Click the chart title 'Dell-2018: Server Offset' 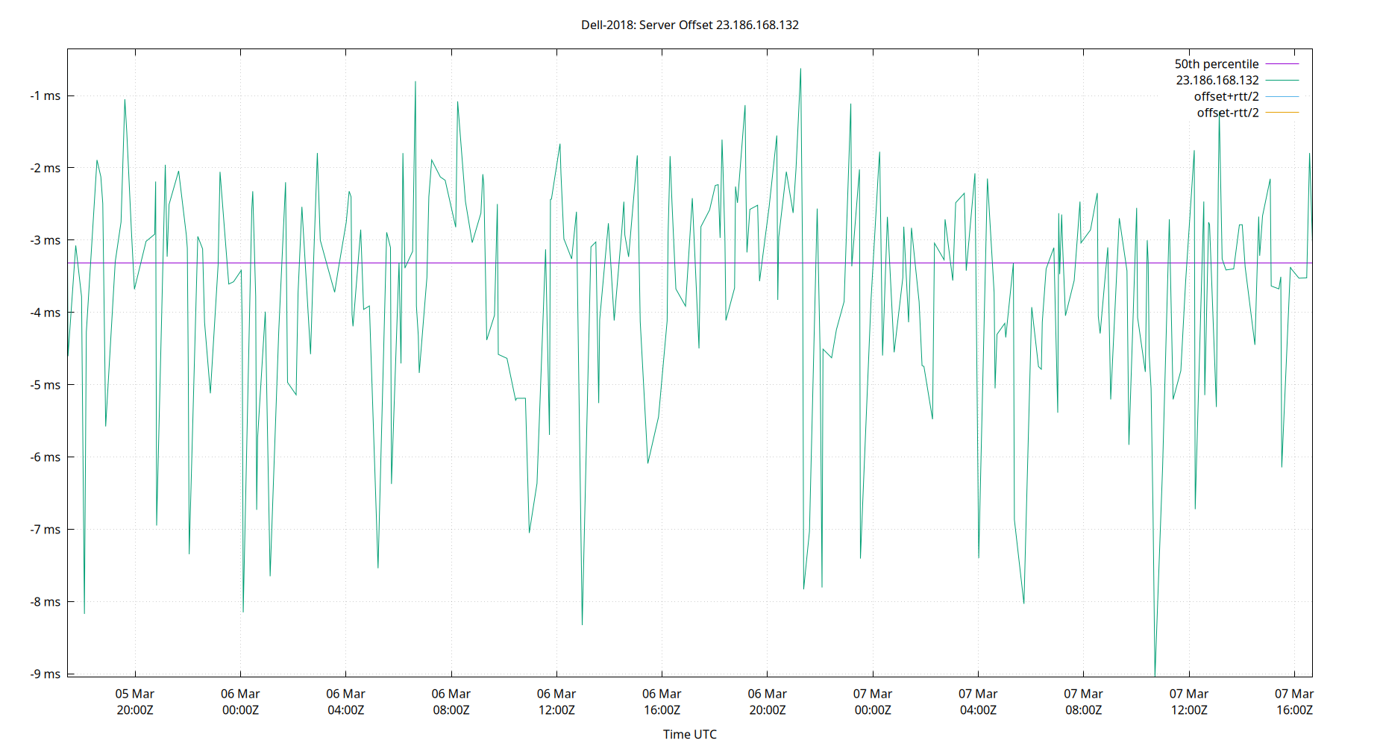[x=689, y=25]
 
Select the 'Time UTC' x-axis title [x=689, y=734]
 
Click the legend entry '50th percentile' [x=1216, y=64]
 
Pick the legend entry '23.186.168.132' [x=1217, y=81]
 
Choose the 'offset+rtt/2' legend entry [x=1226, y=97]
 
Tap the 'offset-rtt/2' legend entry [x=1227, y=113]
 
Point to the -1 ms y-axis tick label [x=46, y=95]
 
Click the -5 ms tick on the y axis [x=46, y=385]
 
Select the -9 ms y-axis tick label [x=46, y=674]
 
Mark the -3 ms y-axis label [x=46, y=240]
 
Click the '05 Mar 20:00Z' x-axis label [x=135, y=702]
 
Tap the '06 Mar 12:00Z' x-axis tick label [x=556, y=702]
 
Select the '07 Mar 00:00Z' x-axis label [x=873, y=702]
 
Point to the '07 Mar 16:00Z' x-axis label [x=1294, y=702]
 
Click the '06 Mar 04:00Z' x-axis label [x=345, y=702]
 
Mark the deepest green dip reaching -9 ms [x=1155, y=674]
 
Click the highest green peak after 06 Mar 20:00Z [x=800, y=69]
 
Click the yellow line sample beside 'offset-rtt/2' [x=1282, y=113]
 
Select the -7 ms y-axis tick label [x=46, y=530]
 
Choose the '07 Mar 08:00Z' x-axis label [x=1083, y=702]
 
